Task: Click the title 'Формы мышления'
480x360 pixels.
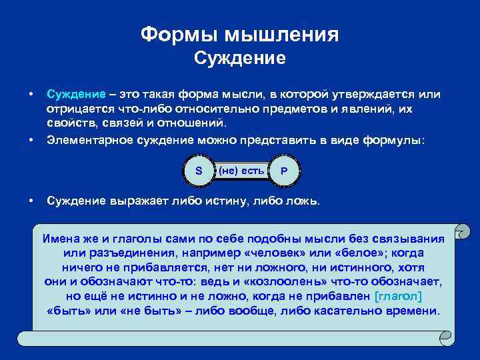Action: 239,35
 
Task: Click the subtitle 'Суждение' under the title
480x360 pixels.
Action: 239,59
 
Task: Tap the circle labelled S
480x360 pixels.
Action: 199,171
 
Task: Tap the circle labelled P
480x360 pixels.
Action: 284,171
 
